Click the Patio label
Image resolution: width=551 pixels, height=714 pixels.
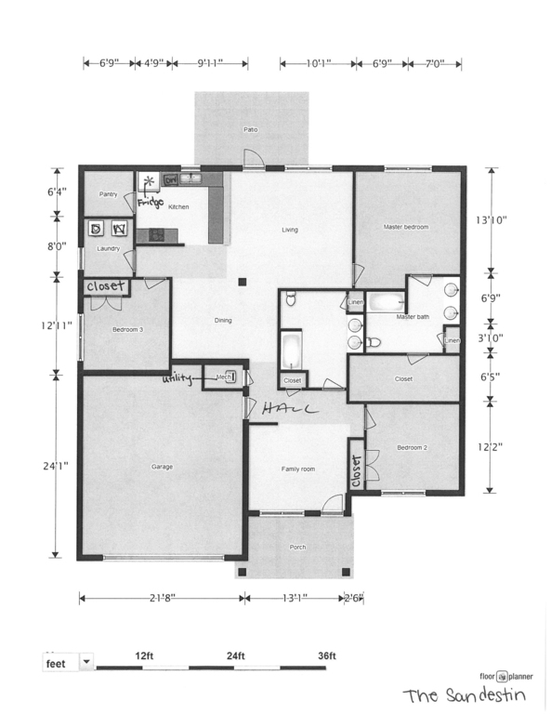249,129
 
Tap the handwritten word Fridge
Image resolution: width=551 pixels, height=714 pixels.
151,202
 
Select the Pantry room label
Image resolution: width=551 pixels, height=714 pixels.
109,194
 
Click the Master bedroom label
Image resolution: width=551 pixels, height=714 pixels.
406,227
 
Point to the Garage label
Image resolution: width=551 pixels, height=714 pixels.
160,467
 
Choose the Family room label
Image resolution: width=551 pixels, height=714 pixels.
298,469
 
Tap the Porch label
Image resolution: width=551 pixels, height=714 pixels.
297,548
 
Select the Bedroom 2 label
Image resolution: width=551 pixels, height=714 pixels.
412,448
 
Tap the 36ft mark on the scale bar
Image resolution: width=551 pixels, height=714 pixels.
326,655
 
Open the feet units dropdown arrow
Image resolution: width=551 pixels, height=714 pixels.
87,662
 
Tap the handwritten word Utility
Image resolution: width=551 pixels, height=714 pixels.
180,378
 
